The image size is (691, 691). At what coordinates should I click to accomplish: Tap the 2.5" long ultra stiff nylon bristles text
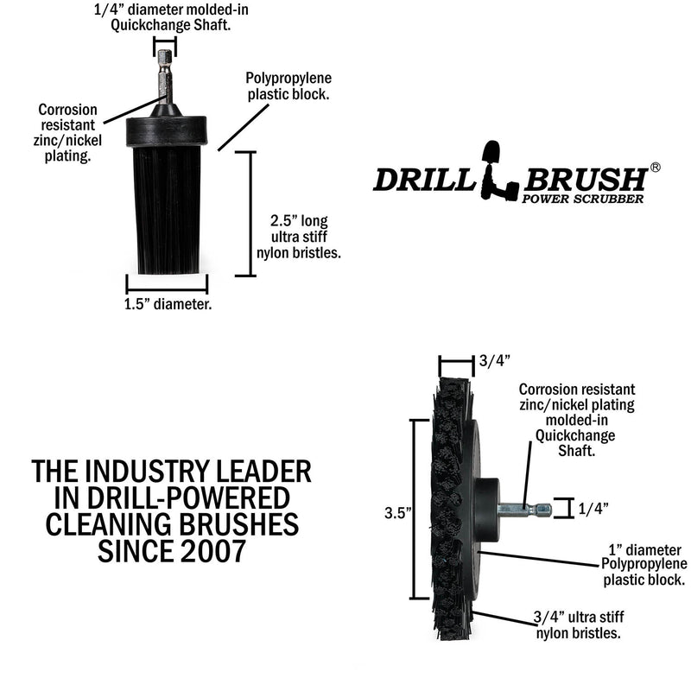(x=300, y=236)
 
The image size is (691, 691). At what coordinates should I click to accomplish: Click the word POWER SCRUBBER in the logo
(x=582, y=200)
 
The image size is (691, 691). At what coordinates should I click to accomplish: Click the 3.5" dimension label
(x=396, y=511)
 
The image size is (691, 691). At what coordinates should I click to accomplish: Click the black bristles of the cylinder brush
(x=168, y=207)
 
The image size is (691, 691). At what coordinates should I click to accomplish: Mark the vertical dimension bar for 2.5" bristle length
(x=251, y=213)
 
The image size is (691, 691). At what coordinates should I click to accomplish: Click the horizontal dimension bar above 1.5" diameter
(x=168, y=283)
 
